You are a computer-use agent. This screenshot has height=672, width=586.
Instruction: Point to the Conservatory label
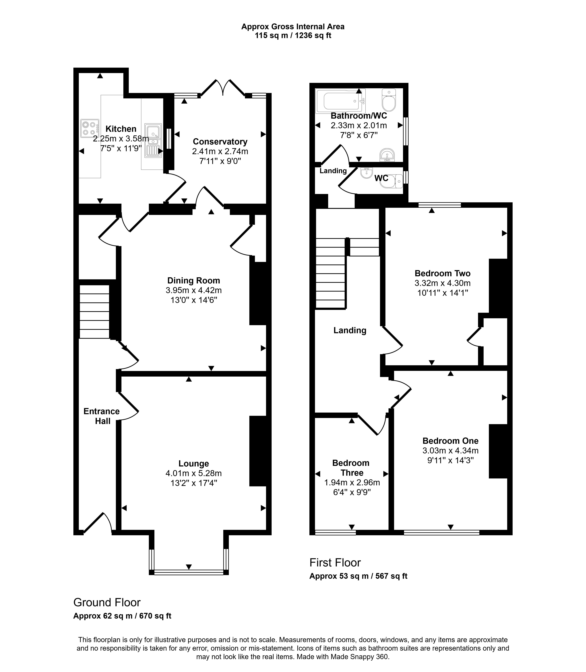pos(220,142)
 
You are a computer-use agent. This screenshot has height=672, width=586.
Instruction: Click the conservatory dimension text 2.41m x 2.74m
pos(220,151)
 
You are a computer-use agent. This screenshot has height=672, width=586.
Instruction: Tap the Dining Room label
pos(194,280)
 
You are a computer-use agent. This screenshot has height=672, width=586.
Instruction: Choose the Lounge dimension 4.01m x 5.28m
pos(194,473)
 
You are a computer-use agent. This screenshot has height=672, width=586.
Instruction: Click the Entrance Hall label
pos(102,416)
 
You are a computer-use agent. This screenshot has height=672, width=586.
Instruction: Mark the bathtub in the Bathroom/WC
pos(340,101)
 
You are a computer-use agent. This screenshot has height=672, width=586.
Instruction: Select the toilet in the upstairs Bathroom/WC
pos(389,100)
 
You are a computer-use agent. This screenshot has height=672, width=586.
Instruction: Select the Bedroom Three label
pos(351,468)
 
